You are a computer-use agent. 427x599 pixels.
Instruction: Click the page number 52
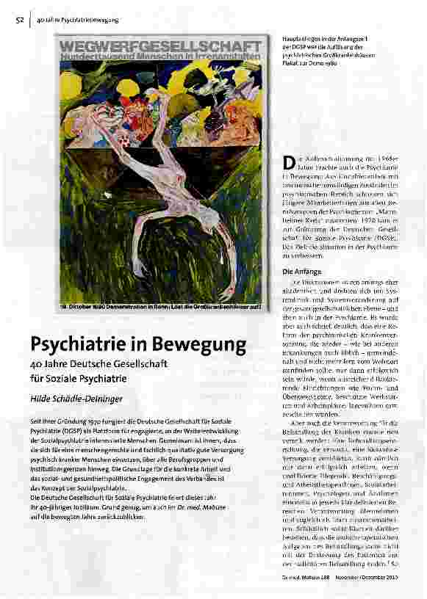[19, 19]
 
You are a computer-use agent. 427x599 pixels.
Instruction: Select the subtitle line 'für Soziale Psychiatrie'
[79, 379]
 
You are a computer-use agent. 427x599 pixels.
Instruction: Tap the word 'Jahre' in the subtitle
[53, 363]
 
